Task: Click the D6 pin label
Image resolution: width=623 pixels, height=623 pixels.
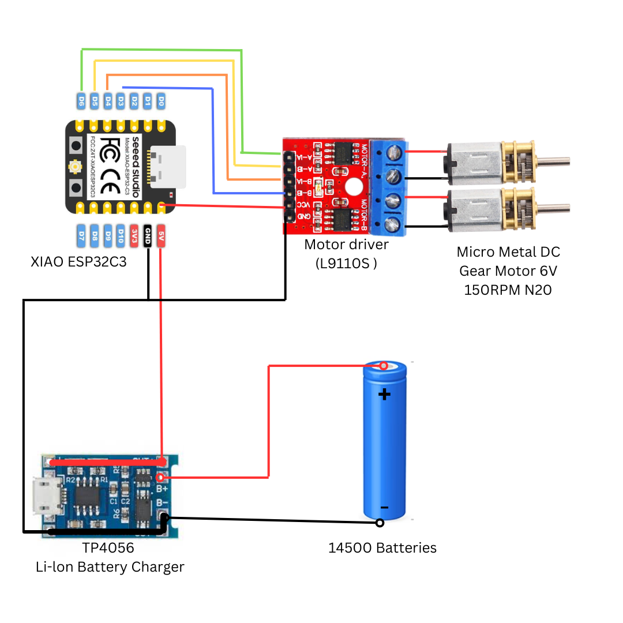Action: pos(81,101)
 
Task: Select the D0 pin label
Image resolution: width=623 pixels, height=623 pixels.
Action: pos(161,101)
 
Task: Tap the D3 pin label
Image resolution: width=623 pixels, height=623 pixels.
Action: pos(121,101)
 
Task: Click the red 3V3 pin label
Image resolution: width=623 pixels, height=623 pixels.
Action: pos(134,235)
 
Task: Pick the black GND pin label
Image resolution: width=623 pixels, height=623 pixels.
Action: pos(148,235)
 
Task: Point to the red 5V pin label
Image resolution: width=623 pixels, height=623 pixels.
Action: pos(161,235)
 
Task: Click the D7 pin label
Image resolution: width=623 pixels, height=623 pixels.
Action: pos(81,235)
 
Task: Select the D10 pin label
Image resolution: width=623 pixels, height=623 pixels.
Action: pos(121,235)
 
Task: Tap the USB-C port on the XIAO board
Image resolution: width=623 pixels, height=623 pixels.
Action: pos(168,167)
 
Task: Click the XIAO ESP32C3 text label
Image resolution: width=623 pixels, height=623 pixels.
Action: pos(78,262)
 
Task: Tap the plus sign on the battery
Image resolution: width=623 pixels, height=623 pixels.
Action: pos(384,395)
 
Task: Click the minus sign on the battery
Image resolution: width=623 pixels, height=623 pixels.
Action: pos(384,507)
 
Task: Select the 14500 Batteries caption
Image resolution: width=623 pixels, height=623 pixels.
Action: pos(382,547)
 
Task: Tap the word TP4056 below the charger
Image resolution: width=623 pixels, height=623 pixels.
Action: pos(109,547)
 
